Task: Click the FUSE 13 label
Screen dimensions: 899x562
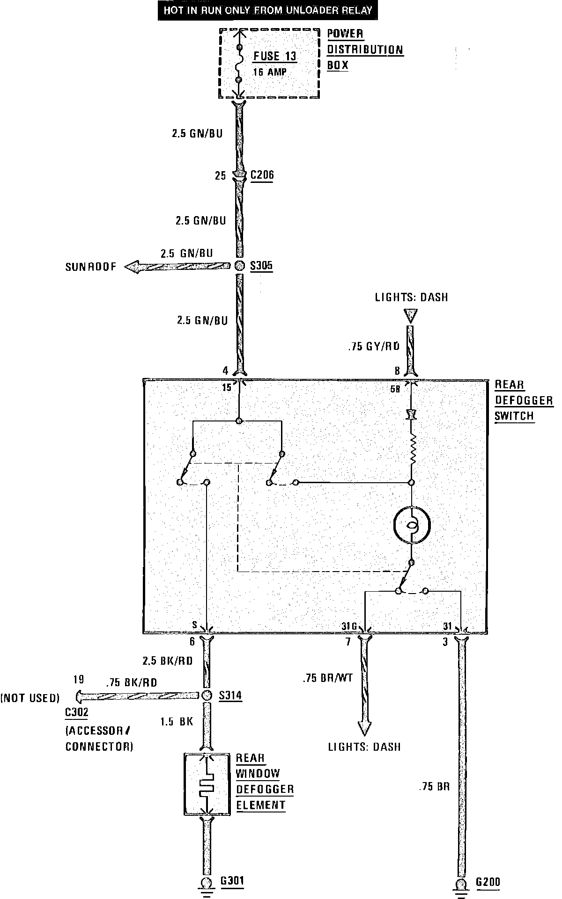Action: pos(275,57)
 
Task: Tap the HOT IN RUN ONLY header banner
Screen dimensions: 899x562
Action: pos(268,10)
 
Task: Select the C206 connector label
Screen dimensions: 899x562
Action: pos(262,175)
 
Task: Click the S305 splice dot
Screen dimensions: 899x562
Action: pos(239,266)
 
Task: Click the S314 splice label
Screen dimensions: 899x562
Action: pos(230,695)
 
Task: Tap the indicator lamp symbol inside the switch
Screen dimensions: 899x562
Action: pos(412,524)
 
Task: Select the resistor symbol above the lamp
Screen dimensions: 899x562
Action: pos(412,449)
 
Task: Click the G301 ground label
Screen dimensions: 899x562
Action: pos(232,881)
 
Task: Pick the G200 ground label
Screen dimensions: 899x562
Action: pos(488,882)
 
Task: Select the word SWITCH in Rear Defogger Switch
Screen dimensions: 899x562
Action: pos(514,416)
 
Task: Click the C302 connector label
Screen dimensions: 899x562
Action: pos(76,712)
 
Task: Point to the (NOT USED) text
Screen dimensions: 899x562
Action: pos(30,698)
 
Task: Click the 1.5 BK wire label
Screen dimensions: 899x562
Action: pos(177,722)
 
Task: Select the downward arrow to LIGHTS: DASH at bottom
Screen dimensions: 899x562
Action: pos(364,727)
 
